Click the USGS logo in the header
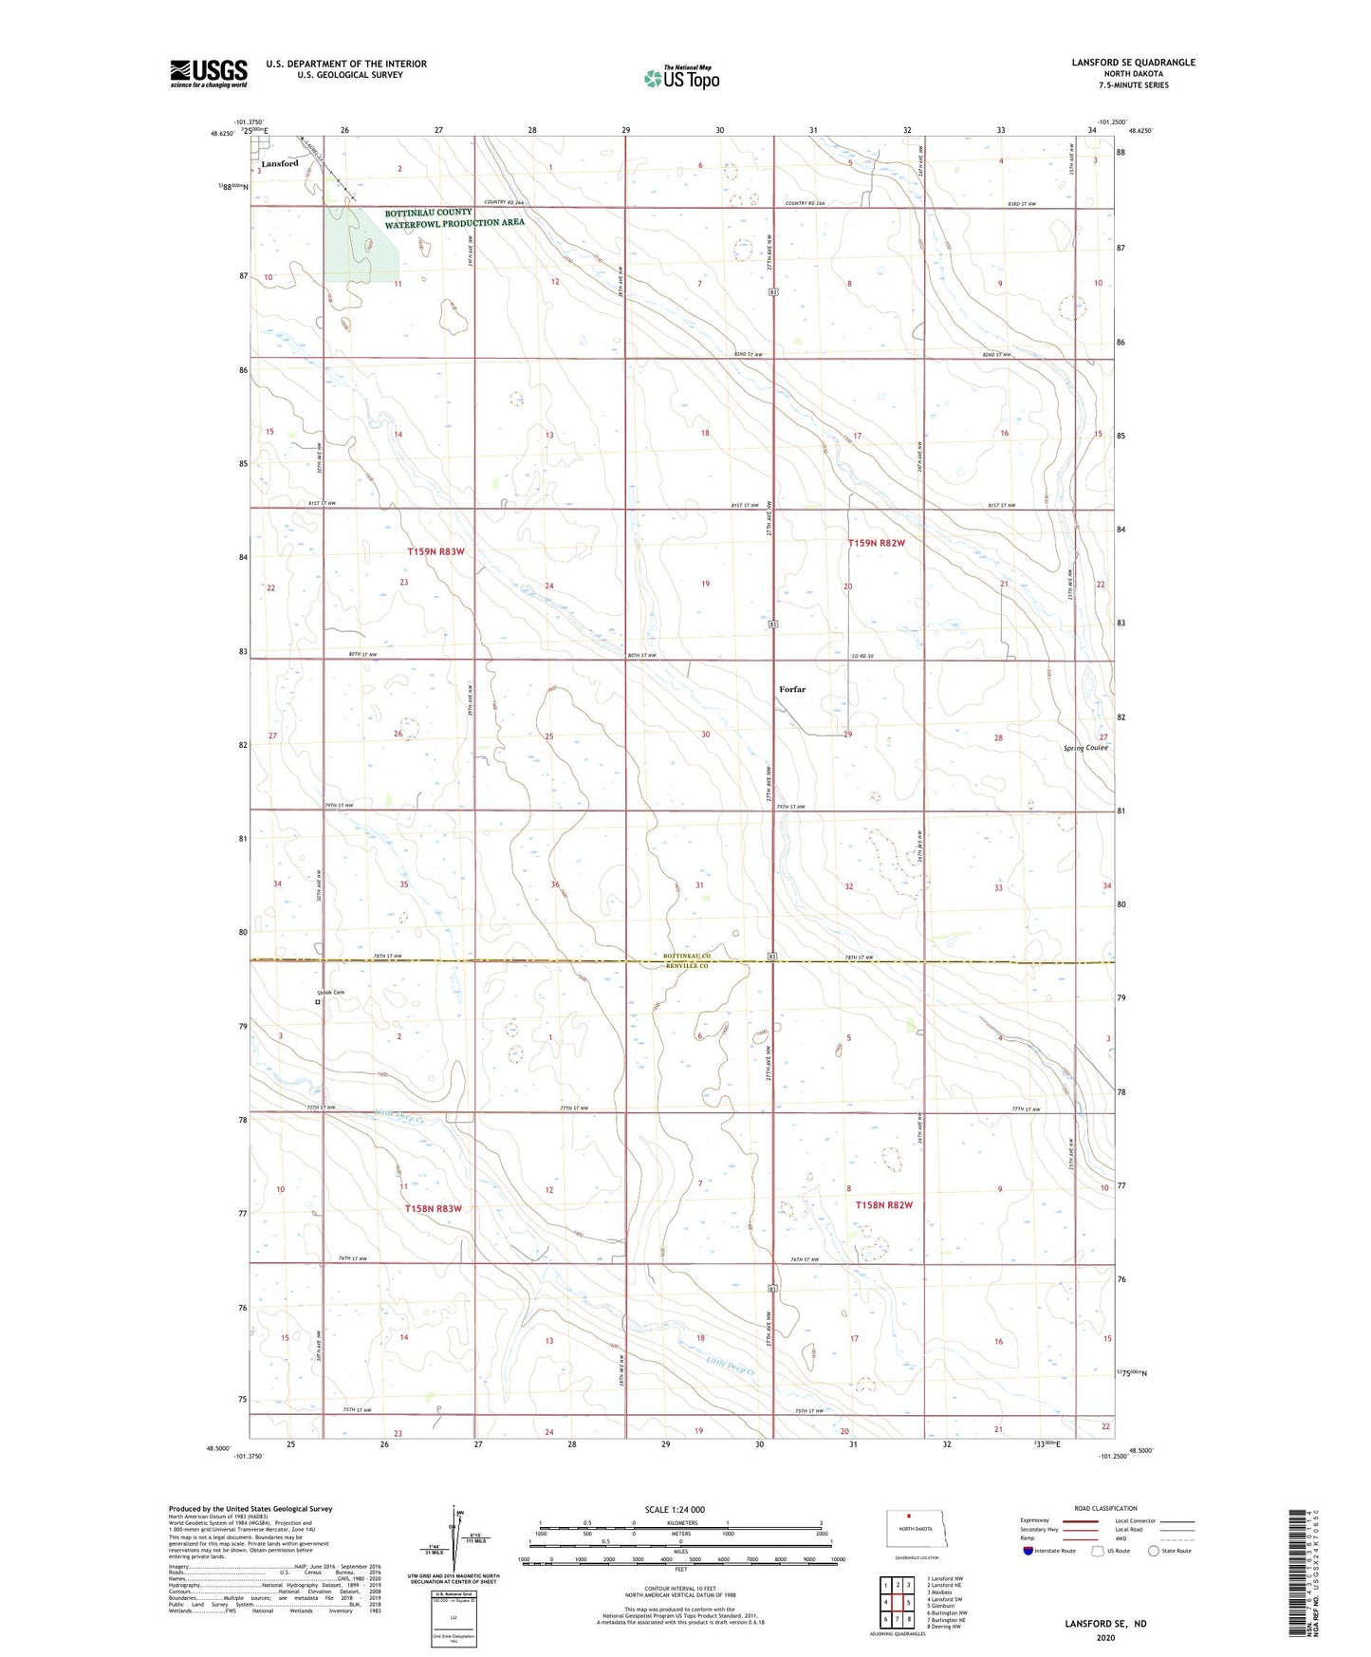(x=208, y=73)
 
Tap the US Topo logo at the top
(x=681, y=78)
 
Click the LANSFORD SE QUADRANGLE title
(x=1133, y=63)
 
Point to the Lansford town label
(x=280, y=163)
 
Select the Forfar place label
(x=791, y=689)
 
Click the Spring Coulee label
(x=1084, y=748)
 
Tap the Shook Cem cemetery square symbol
(x=317, y=1001)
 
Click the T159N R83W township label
(x=435, y=551)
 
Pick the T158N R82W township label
(x=883, y=1205)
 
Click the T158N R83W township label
(x=433, y=1208)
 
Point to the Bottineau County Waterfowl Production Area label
(x=454, y=218)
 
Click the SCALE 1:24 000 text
(x=675, y=1510)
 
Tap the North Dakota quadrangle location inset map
(x=916, y=1529)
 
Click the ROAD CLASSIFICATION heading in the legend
(x=1105, y=1508)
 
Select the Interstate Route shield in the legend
(x=1028, y=1551)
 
